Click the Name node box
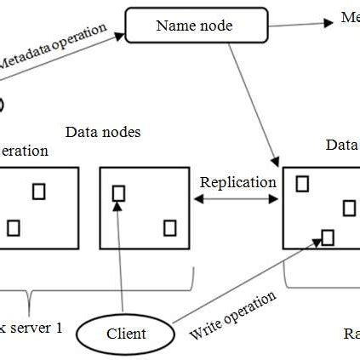pos(195,26)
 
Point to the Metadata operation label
pos(53,47)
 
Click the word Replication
pos(237,182)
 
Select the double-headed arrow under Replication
pos(237,199)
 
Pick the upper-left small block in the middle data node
pos(118,193)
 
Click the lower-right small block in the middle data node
pos(169,227)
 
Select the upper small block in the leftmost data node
pos(38,191)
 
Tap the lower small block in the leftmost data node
pos(13,227)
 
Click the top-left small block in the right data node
pos(302,182)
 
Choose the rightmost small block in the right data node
pos(349,208)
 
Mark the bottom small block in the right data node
pos(328,236)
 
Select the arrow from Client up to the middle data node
pos(121,255)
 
